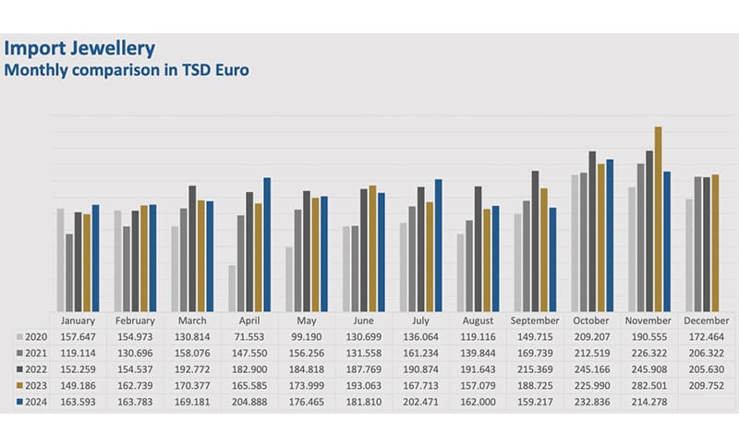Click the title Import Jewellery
[x=80, y=48]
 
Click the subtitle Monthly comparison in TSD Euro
[x=128, y=69]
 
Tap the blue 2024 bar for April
[x=267, y=244]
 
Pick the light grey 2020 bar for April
[x=232, y=288]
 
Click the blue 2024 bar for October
[x=610, y=236]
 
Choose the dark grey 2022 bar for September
[x=535, y=241]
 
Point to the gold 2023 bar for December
[x=715, y=242]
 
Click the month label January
[x=78, y=320]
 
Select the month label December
[x=705, y=320]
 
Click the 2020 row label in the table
[x=35, y=336]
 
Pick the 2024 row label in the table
[x=35, y=402]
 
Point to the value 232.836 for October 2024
[x=590, y=402]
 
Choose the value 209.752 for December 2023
[x=705, y=386]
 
